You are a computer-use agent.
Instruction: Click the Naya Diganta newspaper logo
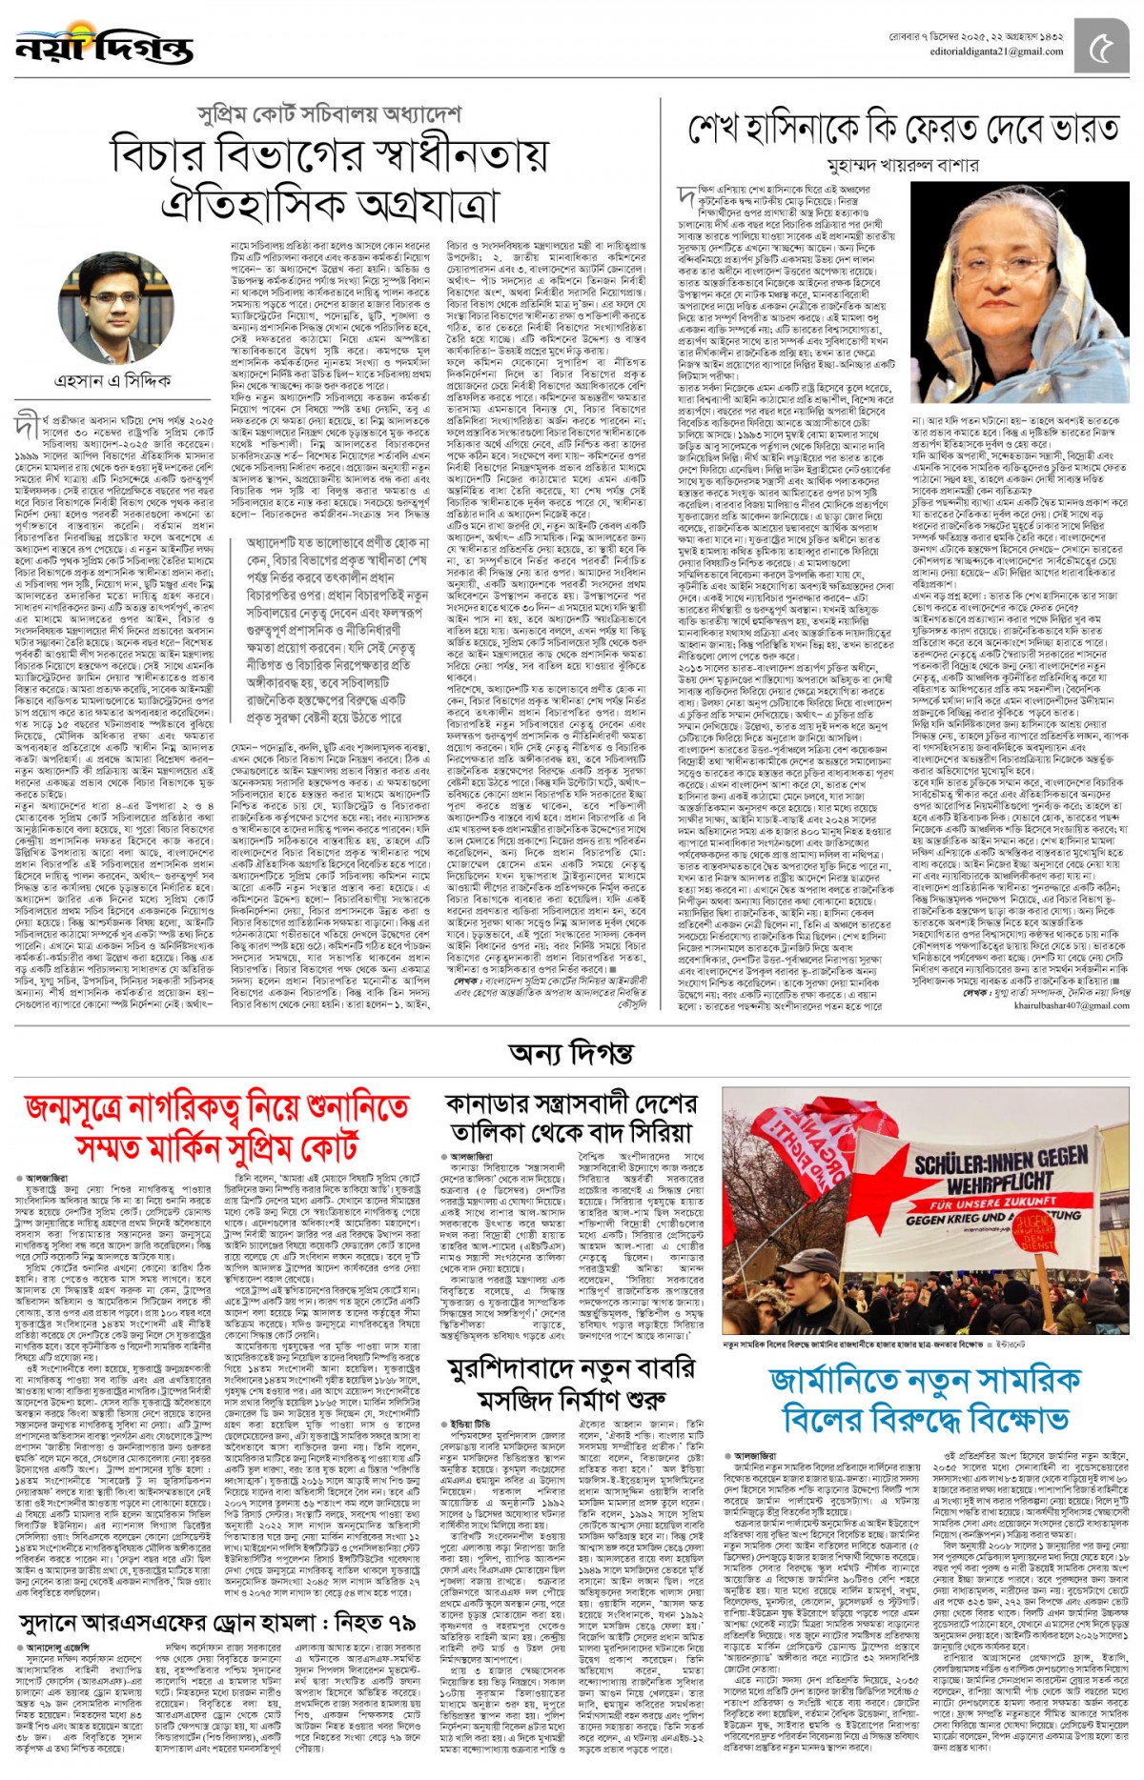pos(104,45)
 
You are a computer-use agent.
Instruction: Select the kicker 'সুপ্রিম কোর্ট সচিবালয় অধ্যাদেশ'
pos(329,113)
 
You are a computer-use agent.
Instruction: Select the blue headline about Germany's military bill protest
pos(925,1399)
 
